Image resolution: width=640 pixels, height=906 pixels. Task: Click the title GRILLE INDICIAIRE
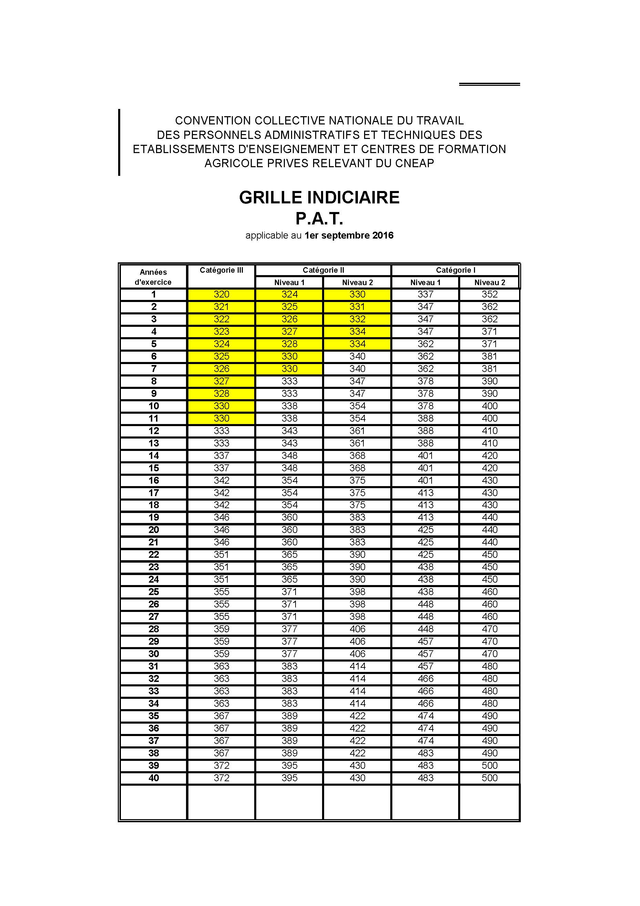pos(319,197)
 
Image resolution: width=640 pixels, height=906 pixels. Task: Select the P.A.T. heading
pos(319,218)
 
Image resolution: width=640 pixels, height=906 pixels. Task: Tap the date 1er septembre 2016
pos(349,235)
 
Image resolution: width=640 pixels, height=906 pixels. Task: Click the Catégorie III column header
pos(221,270)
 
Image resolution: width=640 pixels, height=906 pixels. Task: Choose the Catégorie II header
pos(323,270)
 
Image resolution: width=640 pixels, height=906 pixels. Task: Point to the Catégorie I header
pos(455,270)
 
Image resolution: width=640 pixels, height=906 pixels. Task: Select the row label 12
pos(153,431)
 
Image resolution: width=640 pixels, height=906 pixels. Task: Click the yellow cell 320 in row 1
pos(221,294)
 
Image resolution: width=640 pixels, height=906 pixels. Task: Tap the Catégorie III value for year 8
pos(221,381)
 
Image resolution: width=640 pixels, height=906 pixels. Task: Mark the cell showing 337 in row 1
pos(425,294)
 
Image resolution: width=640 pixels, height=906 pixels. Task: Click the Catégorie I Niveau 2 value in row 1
pos(489,294)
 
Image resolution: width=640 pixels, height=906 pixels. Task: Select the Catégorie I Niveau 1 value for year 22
pos(425,555)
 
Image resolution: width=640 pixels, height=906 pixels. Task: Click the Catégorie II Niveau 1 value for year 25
pos(289,592)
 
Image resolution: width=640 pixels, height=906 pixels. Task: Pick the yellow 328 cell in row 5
pos(289,344)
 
